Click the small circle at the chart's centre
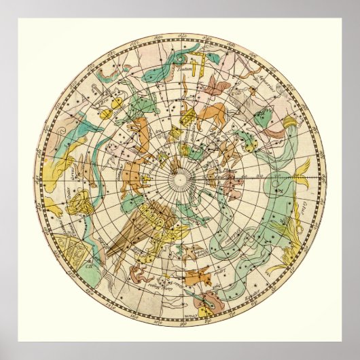click(x=180, y=180)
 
